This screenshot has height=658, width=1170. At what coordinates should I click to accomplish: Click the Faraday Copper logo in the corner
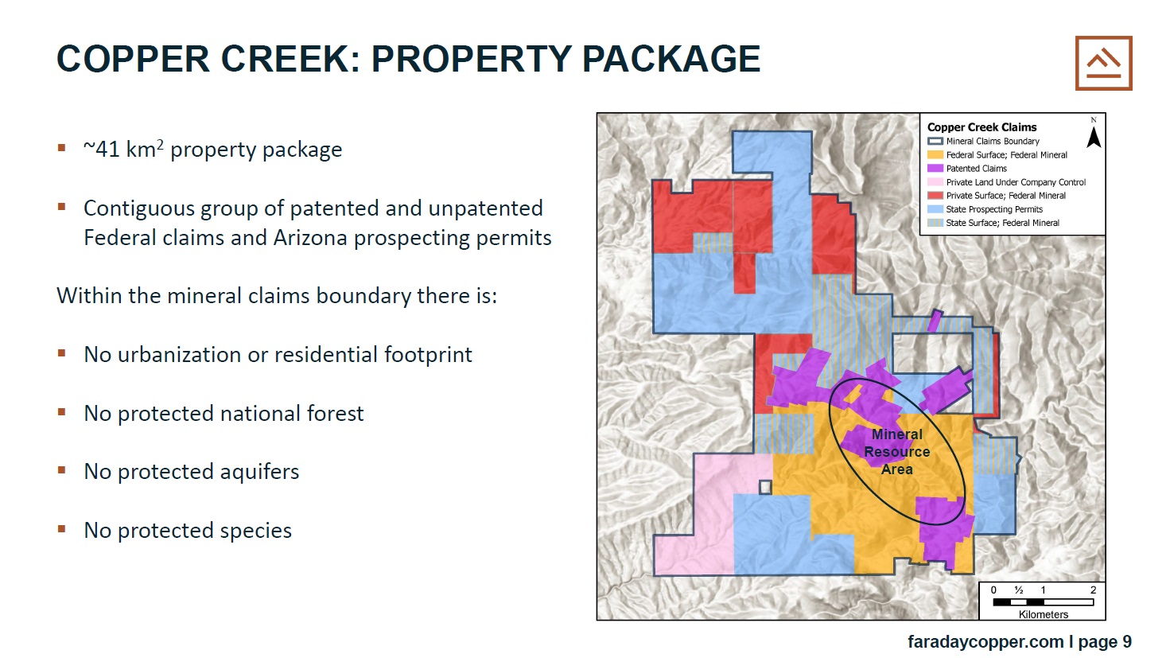[1103, 63]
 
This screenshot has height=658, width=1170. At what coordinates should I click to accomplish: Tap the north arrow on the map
[1094, 137]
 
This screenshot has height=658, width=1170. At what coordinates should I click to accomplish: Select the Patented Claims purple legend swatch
[935, 169]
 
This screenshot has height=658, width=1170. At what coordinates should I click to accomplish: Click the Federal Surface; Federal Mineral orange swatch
[935, 154]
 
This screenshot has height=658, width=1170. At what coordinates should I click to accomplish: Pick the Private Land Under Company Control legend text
[1016, 182]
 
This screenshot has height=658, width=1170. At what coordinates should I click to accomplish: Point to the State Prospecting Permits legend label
[994, 209]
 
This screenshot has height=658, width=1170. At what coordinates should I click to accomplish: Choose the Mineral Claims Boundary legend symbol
[935, 141]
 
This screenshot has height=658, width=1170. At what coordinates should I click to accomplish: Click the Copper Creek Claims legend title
[982, 127]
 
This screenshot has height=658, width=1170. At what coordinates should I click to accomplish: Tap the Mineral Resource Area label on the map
[897, 452]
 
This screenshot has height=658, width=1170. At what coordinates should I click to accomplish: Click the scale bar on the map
[1043, 602]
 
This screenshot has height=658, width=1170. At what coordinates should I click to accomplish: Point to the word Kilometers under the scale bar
[1043, 614]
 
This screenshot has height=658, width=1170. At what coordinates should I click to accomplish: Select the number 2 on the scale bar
[1093, 590]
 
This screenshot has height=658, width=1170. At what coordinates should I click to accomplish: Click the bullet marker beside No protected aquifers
[61, 470]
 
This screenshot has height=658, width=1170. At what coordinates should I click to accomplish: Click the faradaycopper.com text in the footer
[985, 641]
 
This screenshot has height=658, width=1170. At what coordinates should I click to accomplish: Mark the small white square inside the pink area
[765, 487]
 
